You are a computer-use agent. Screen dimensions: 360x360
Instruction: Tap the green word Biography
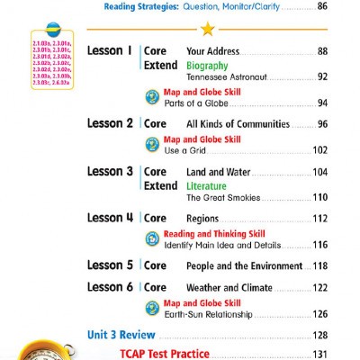click(207, 66)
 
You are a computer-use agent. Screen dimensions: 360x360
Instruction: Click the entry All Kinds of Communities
click(243, 123)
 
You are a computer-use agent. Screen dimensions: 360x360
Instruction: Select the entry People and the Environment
click(243, 266)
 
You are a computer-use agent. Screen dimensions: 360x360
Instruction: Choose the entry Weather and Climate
click(229, 287)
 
